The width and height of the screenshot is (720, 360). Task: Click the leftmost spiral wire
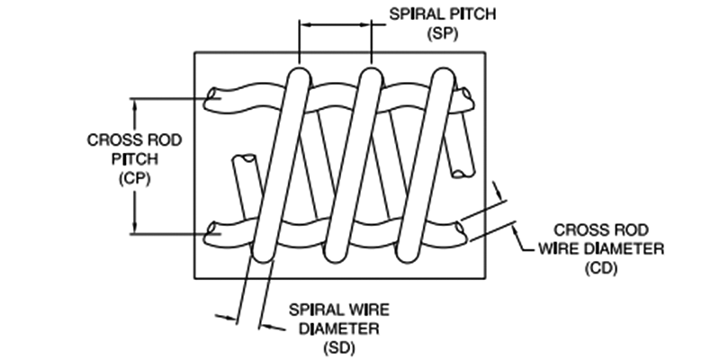(x=280, y=162)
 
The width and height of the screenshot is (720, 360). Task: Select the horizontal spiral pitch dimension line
(x=334, y=26)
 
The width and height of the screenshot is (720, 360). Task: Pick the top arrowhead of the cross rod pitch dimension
(x=136, y=103)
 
